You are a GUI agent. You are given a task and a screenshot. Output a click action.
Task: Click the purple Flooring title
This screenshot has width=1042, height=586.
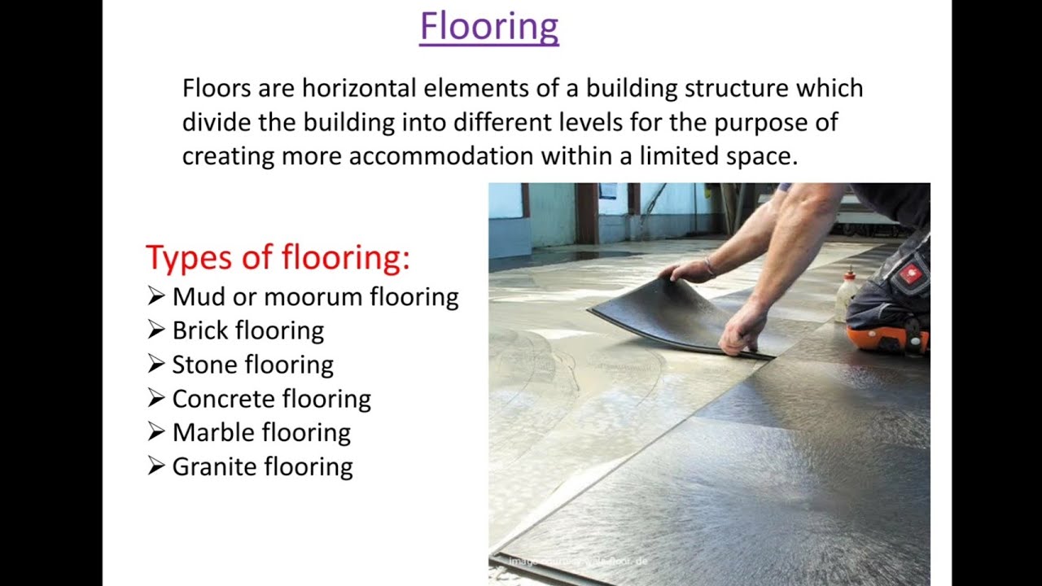click(489, 26)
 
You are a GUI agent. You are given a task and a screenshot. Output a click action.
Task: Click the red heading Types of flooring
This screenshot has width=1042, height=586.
click(278, 257)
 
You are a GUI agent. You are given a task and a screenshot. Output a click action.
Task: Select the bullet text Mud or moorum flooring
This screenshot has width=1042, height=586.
click(315, 296)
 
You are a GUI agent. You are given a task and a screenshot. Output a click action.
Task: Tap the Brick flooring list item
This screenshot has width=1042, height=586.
click(247, 330)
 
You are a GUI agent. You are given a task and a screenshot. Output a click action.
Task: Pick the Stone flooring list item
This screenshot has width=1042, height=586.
click(252, 365)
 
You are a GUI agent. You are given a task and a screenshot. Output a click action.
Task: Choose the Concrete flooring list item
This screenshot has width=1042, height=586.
click(271, 399)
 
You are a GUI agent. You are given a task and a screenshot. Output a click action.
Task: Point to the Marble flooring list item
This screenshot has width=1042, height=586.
click(261, 432)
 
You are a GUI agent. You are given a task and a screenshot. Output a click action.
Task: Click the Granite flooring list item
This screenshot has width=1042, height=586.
click(262, 466)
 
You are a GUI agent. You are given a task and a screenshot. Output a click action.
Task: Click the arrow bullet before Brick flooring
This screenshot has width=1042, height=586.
click(156, 330)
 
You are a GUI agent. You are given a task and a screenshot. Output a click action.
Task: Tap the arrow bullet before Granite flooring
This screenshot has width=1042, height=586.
click(156, 466)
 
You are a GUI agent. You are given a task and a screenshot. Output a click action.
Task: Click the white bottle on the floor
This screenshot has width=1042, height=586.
click(847, 296)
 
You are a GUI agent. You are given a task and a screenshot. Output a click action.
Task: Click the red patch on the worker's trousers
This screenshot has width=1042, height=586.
click(910, 274)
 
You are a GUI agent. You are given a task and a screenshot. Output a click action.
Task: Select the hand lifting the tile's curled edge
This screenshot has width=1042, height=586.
click(685, 270)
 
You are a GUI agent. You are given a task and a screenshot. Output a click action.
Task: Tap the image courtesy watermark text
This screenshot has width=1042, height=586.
click(578, 562)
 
